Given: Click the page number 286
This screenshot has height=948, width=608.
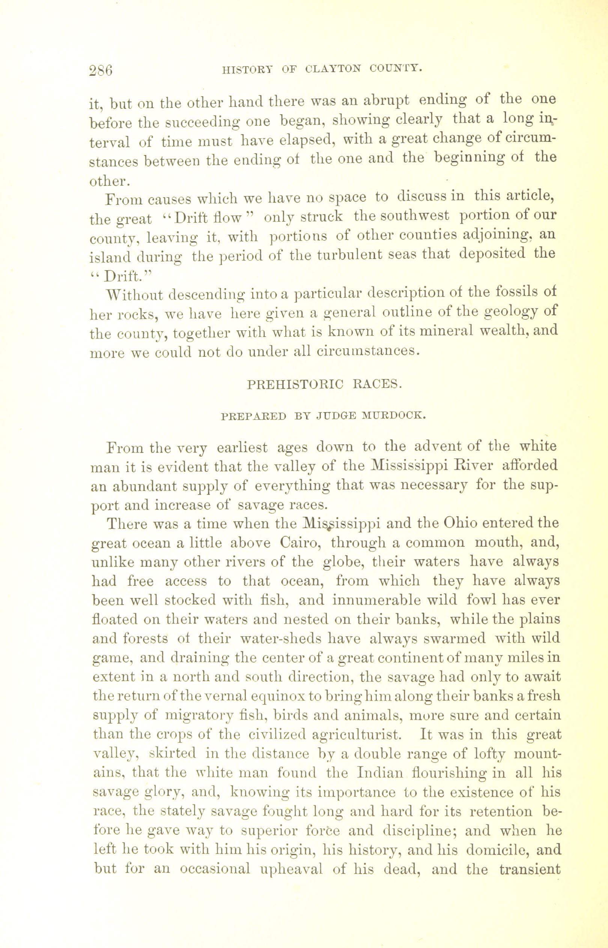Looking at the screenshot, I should pyautogui.click(x=101, y=70).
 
